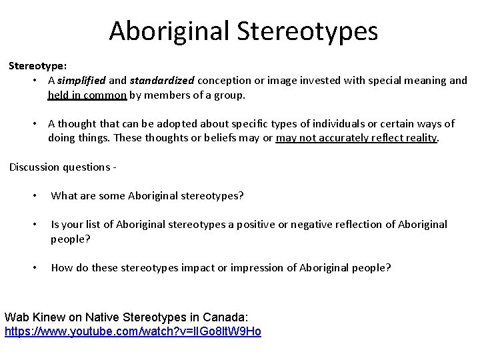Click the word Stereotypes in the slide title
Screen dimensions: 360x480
click(x=311, y=31)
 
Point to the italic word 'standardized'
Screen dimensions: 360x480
click(x=162, y=80)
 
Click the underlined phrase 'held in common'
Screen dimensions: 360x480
click(x=87, y=95)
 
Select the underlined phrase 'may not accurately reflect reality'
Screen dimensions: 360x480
click(x=357, y=138)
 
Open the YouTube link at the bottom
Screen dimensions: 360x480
click(x=133, y=331)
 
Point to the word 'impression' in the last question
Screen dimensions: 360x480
click(x=263, y=268)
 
